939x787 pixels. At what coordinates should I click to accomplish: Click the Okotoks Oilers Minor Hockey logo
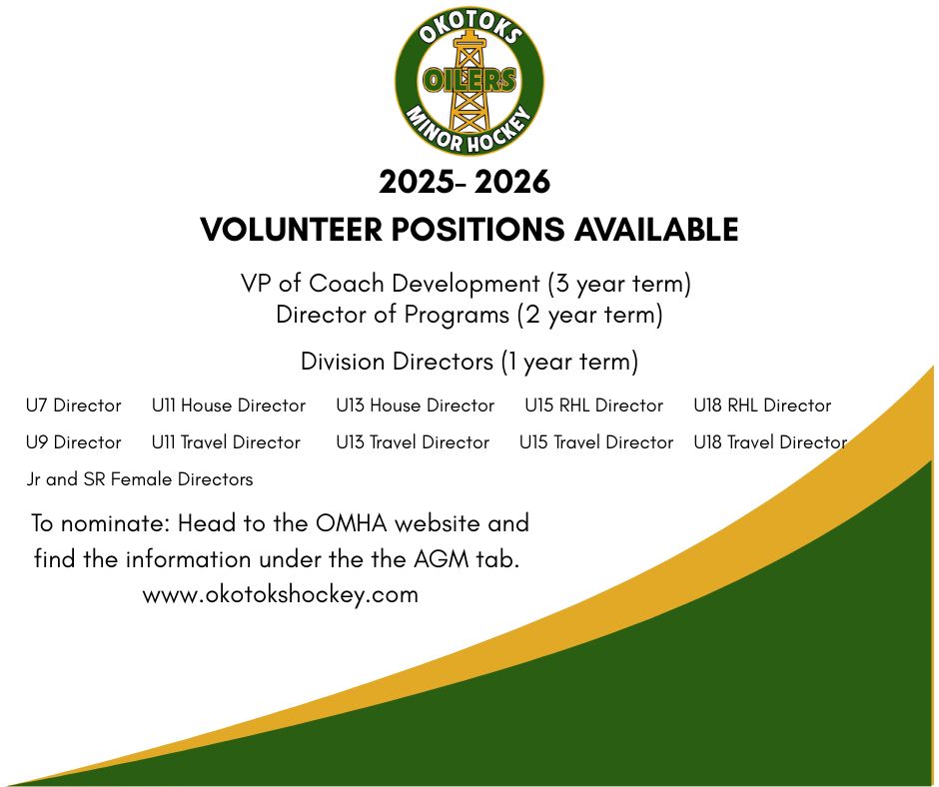[x=469, y=80]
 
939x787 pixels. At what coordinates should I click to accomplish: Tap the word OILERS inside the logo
[x=469, y=80]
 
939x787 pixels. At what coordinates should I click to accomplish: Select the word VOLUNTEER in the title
[x=291, y=230]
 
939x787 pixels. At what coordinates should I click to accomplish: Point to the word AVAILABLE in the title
[x=656, y=230]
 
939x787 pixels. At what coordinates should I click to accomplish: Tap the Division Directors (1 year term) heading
[x=469, y=363]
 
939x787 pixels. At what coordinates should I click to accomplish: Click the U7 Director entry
[x=74, y=405]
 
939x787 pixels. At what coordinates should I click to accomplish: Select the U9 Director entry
[x=74, y=442]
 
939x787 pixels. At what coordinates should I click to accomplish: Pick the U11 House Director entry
[x=229, y=405]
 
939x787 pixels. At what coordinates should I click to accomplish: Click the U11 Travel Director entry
[x=226, y=442]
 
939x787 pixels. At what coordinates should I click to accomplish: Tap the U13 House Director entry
[x=415, y=405]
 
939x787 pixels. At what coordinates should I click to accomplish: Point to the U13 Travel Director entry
[x=413, y=442]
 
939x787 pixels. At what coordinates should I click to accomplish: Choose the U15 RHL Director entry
[x=594, y=405]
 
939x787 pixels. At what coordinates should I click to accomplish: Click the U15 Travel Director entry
[x=596, y=442]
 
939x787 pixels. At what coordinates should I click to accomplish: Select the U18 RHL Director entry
[x=762, y=405]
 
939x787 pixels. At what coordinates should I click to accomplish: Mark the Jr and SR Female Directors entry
[x=140, y=479]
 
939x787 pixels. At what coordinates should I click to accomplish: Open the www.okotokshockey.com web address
[x=281, y=594]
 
